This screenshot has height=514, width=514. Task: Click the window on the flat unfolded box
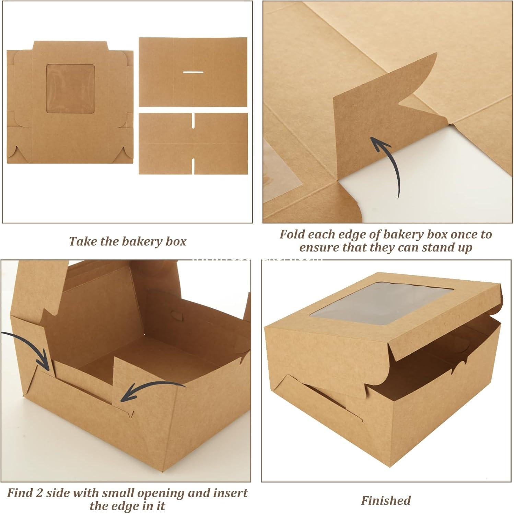[70, 88]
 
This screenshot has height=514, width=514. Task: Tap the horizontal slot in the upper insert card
[193, 72]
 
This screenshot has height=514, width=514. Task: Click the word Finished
[386, 501]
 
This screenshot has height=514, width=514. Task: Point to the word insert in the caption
[231, 493]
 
